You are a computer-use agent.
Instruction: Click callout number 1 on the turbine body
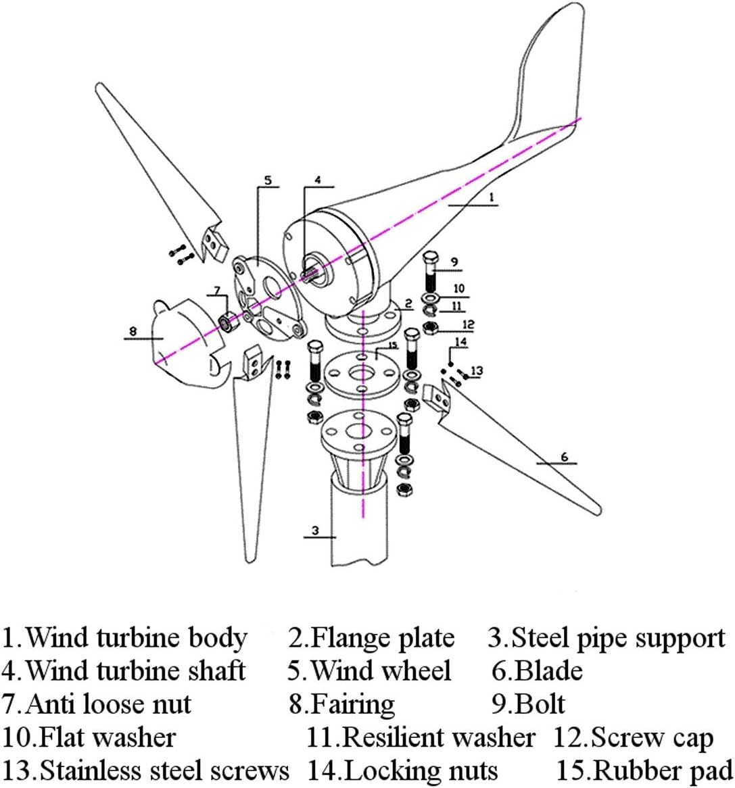492,197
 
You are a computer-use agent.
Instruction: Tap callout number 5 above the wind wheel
267,180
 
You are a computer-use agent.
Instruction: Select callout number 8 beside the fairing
133,331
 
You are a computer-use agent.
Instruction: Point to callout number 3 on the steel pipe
315,531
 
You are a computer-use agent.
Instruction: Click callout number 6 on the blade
565,458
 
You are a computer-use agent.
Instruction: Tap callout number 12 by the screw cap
468,324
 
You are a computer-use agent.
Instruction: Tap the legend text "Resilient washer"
439,737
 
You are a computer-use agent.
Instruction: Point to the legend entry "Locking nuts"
421,770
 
